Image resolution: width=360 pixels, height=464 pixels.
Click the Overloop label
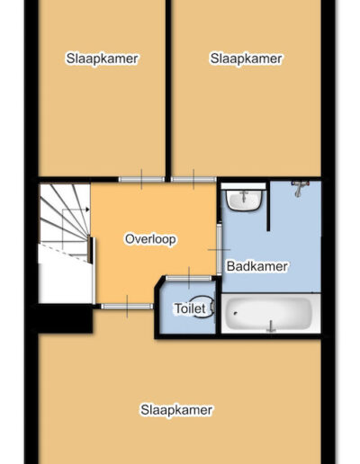point(150,239)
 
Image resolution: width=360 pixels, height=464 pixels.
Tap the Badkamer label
point(257,266)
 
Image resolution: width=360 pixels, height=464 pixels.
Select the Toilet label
point(190,308)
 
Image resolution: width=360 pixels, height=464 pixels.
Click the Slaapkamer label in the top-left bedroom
point(102,58)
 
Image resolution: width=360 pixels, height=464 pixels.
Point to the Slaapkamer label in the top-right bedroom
point(246,58)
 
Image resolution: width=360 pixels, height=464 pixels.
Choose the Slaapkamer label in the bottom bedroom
point(176,410)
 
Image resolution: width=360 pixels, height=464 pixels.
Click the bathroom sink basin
point(244,201)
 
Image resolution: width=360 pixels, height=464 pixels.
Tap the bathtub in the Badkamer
point(271,313)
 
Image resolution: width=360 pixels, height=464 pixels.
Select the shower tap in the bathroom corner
point(298,189)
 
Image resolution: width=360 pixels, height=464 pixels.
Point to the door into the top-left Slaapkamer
point(141,180)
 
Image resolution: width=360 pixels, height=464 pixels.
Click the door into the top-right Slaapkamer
point(193,180)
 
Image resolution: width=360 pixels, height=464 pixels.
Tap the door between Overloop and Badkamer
point(220,249)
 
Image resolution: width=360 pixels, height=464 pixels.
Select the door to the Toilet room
point(189,278)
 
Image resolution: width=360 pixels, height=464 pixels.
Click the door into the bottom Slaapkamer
point(127,307)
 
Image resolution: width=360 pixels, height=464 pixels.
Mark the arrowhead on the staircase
point(87,210)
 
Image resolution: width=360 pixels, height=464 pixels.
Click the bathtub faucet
point(271,326)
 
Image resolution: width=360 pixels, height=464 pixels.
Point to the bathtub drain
point(236,314)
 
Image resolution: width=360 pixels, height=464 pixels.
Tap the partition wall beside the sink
point(268,206)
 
